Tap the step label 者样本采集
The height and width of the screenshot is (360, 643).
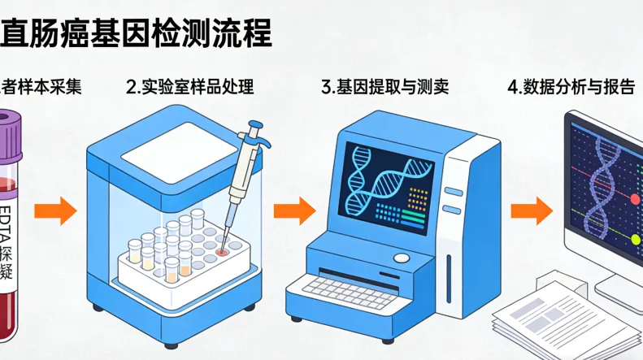42,86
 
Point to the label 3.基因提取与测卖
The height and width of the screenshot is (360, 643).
385,86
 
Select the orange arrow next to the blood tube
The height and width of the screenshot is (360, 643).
55,212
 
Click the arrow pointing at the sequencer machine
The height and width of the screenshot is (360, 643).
293,212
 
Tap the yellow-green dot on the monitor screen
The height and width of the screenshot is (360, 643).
636,239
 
